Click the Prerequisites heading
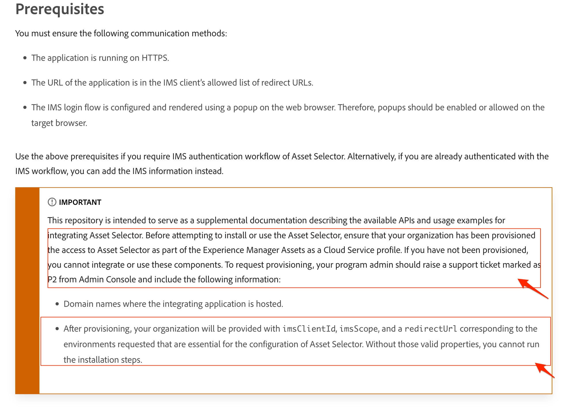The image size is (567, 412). click(60, 9)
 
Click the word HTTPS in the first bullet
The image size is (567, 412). click(154, 58)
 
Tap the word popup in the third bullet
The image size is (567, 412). click(245, 107)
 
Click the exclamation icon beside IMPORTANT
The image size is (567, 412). click(52, 202)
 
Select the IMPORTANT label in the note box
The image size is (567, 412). click(80, 202)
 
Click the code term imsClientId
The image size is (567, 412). click(309, 329)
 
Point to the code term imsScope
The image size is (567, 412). click(358, 329)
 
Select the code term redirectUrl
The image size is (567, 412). click(431, 329)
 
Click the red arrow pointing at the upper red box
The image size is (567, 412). click(532, 288)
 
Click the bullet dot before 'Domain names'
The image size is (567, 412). click(57, 304)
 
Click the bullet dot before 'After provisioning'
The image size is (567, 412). click(57, 329)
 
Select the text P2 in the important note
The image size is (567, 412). click(52, 279)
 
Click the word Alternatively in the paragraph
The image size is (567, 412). click(371, 156)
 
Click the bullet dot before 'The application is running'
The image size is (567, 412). click(25, 58)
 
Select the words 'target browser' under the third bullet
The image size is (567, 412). click(59, 123)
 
